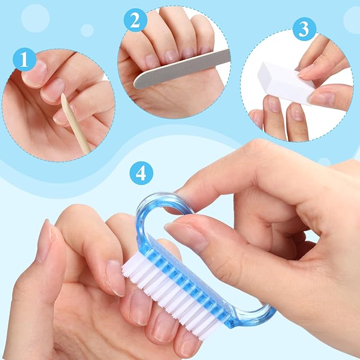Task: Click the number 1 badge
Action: (x=24, y=59)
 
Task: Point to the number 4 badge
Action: (x=141, y=173)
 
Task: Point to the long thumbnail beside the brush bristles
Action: (x=45, y=241)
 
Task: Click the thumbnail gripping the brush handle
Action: (x=186, y=236)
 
